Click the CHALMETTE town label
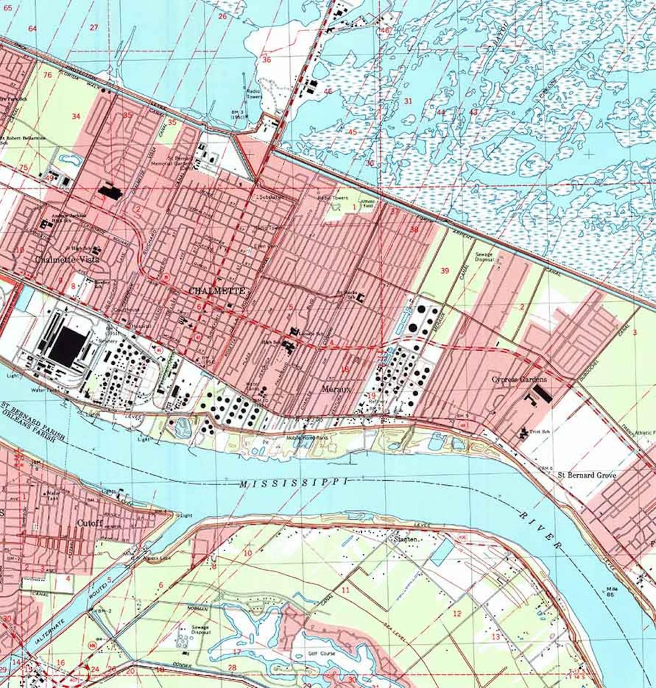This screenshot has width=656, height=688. coord(216,291)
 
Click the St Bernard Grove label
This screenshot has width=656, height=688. coord(587,475)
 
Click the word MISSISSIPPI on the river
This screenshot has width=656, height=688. coord(293,482)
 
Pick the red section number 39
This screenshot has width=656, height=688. coord(444,271)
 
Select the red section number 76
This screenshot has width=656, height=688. coord(48,75)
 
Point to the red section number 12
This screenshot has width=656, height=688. coord(456,613)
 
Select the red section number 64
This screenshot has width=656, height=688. coord(32,28)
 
